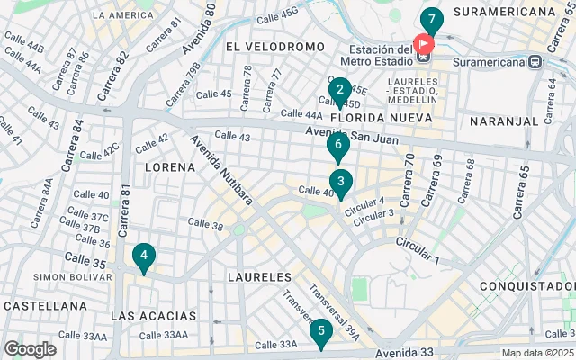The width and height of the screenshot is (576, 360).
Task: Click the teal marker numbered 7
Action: coord(432,20)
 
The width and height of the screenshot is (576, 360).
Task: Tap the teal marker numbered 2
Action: coord(339,90)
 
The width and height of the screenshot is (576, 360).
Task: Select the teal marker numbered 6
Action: coord(338,145)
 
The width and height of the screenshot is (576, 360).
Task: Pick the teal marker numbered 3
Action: coord(340,182)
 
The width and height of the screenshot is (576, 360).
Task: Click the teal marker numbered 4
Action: coord(143,256)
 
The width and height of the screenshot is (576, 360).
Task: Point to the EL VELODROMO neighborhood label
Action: coord(274,46)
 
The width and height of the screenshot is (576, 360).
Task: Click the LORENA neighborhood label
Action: coord(170,167)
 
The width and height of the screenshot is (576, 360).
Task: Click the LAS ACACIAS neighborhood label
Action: coord(153,316)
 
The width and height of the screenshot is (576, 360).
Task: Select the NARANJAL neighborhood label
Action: coord(503,121)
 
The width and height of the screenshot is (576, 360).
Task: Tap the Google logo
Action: coord(30,349)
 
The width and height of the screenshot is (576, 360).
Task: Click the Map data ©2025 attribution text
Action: coord(537,353)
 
